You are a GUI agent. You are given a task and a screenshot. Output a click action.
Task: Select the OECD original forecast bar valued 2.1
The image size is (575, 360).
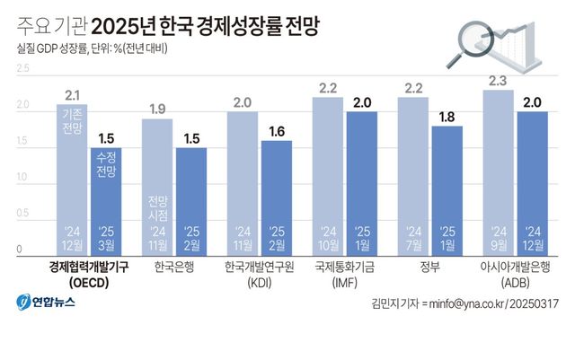coord(71,180)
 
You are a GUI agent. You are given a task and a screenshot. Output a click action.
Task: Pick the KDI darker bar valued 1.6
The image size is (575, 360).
coord(275,198)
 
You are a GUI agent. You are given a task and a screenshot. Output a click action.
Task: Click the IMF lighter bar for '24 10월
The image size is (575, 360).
coord(327,176)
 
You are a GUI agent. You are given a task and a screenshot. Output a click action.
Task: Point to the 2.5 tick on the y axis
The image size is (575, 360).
coord(22,68)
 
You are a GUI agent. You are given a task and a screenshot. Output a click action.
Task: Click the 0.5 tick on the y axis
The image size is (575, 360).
coord(22,214)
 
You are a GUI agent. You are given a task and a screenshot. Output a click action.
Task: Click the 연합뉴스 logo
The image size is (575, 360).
coord(45,302)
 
